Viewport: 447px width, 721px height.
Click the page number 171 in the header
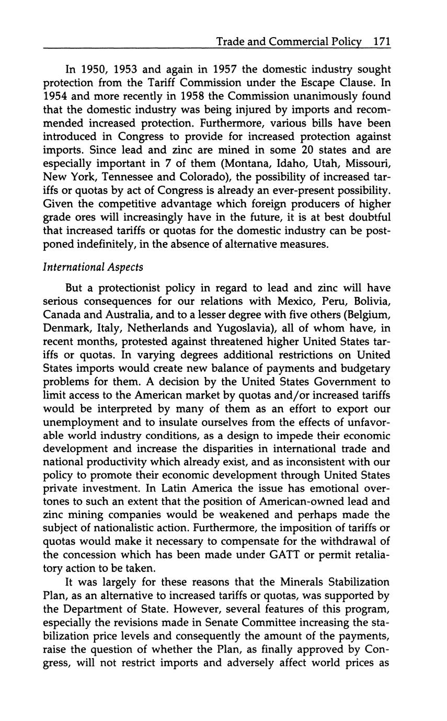pos(382,42)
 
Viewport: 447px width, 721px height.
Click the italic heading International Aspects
pos(93,267)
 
